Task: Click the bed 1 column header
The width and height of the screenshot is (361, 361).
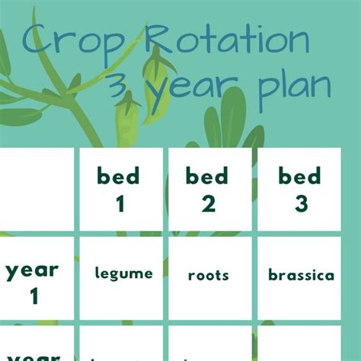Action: pyautogui.click(x=119, y=189)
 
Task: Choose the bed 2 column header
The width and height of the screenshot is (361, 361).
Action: pyautogui.click(x=208, y=189)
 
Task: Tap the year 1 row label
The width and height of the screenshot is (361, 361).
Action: pyautogui.click(x=33, y=282)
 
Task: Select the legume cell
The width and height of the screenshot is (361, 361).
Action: pyautogui.click(x=123, y=273)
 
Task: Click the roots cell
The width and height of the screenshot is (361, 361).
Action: pyautogui.click(x=208, y=276)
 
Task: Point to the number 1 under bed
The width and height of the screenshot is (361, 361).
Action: pyautogui.click(x=119, y=204)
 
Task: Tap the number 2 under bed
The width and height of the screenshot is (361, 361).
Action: pyautogui.click(x=208, y=204)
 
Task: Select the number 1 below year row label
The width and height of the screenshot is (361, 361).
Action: pyautogui.click(x=34, y=296)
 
